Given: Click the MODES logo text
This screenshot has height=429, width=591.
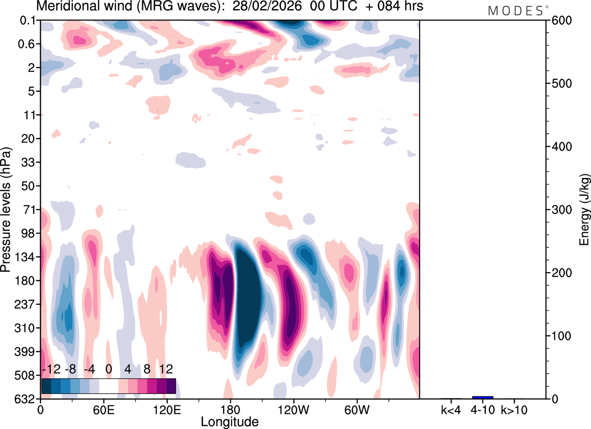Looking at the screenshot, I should [x=515, y=11].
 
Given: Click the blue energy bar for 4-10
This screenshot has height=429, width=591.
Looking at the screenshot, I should [x=482, y=397].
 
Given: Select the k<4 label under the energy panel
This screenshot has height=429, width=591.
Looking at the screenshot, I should [x=451, y=409].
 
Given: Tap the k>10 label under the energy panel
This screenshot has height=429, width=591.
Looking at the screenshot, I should [x=514, y=409].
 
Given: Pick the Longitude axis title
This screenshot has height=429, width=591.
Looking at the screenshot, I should [x=229, y=421].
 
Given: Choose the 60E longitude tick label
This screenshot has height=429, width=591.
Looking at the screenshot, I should [x=103, y=409].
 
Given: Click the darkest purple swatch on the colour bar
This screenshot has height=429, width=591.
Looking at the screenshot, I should [x=171, y=386].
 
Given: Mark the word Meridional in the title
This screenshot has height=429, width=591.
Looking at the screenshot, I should [x=69, y=6].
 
